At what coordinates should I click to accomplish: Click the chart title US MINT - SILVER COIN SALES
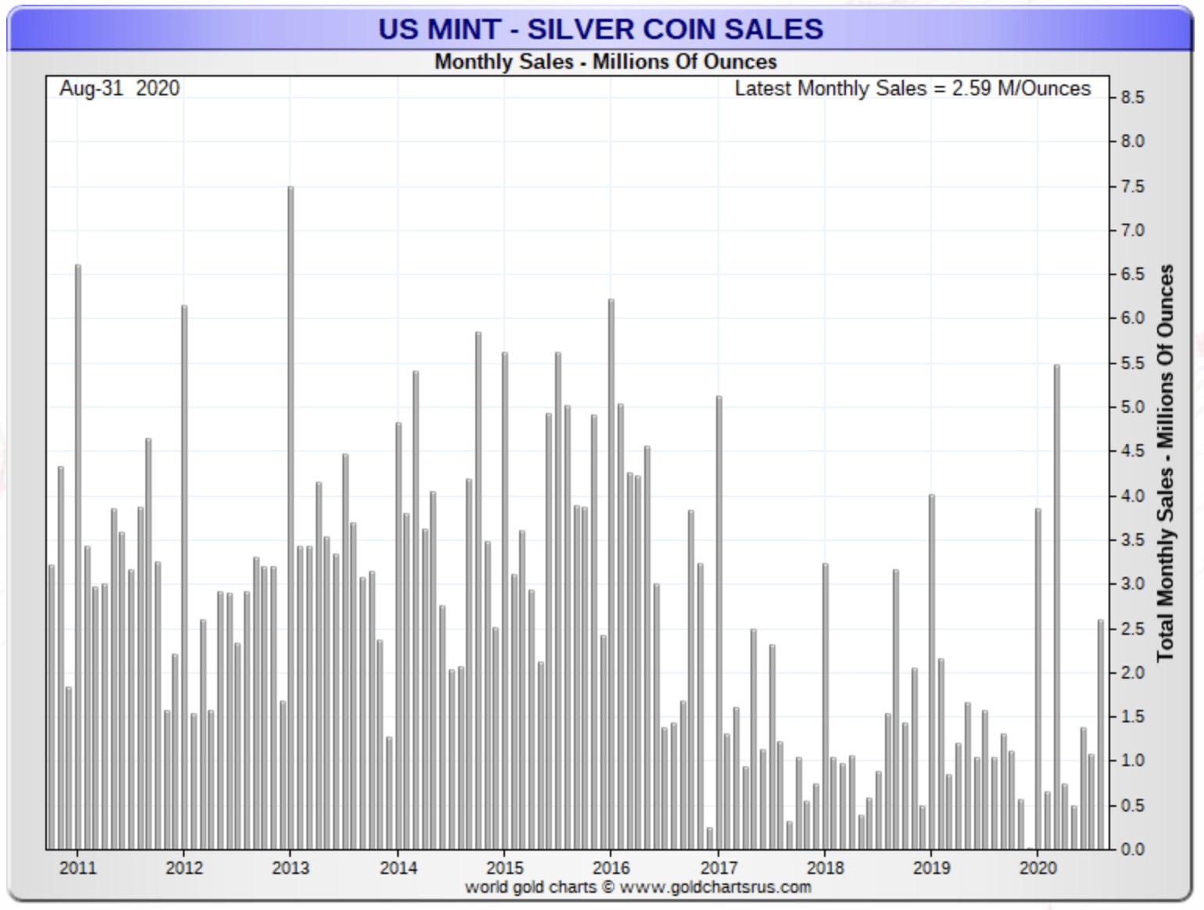point(600,29)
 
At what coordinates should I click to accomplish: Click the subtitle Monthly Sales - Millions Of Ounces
point(605,62)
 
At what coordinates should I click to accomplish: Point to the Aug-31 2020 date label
point(119,88)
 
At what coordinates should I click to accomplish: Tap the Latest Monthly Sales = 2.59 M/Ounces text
point(912,88)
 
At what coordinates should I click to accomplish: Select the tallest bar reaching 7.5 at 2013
point(291,516)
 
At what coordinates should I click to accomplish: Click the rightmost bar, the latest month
point(1101,735)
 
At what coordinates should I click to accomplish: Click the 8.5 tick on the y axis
point(1132,98)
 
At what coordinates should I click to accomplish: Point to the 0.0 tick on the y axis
point(1132,849)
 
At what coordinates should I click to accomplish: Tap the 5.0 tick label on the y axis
point(1132,407)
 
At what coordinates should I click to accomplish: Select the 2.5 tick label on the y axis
point(1132,629)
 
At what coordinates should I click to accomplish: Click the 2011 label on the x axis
point(77,868)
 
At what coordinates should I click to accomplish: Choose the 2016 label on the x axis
point(611,868)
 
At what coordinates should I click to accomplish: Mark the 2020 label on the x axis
point(1037,868)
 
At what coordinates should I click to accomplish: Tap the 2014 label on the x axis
point(398,868)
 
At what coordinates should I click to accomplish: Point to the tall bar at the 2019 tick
point(932,672)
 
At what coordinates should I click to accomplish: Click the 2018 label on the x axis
point(825,868)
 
